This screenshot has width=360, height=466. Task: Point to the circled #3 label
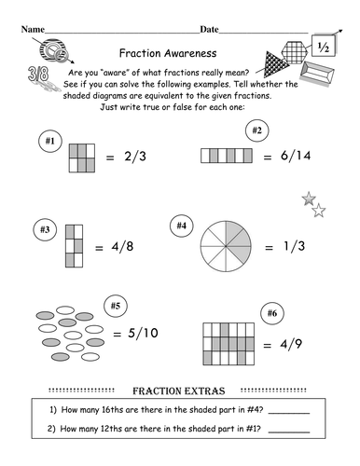click(x=44, y=227)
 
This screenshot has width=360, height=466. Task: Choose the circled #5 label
click(x=116, y=306)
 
